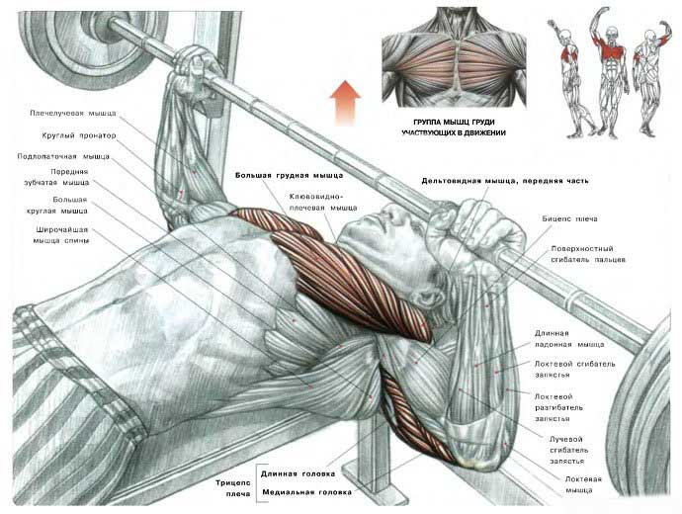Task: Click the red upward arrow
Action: pyautogui.click(x=345, y=103)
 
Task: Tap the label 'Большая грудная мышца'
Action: pyautogui.click(x=290, y=176)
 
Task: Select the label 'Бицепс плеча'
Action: pyautogui.click(x=569, y=219)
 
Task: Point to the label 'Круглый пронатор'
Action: pyautogui.click(x=79, y=135)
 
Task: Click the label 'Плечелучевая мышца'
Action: pyautogui.click(x=73, y=113)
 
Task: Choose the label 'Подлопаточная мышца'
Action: pyautogui.click(x=63, y=156)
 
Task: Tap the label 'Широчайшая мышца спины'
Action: pyautogui.click(x=61, y=235)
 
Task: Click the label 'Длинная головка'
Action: pyautogui.click(x=298, y=474)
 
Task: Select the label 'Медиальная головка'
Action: pyautogui.click(x=306, y=492)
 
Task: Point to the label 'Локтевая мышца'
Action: pyautogui.click(x=583, y=484)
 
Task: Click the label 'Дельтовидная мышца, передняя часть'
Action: pyautogui.click(x=505, y=181)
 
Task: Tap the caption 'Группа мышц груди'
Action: pyautogui.click(x=454, y=123)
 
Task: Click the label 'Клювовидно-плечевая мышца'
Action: pyautogui.click(x=323, y=203)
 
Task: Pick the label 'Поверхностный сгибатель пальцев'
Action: pyautogui.click(x=588, y=254)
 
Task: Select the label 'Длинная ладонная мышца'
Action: pyautogui.click(x=569, y=339)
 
